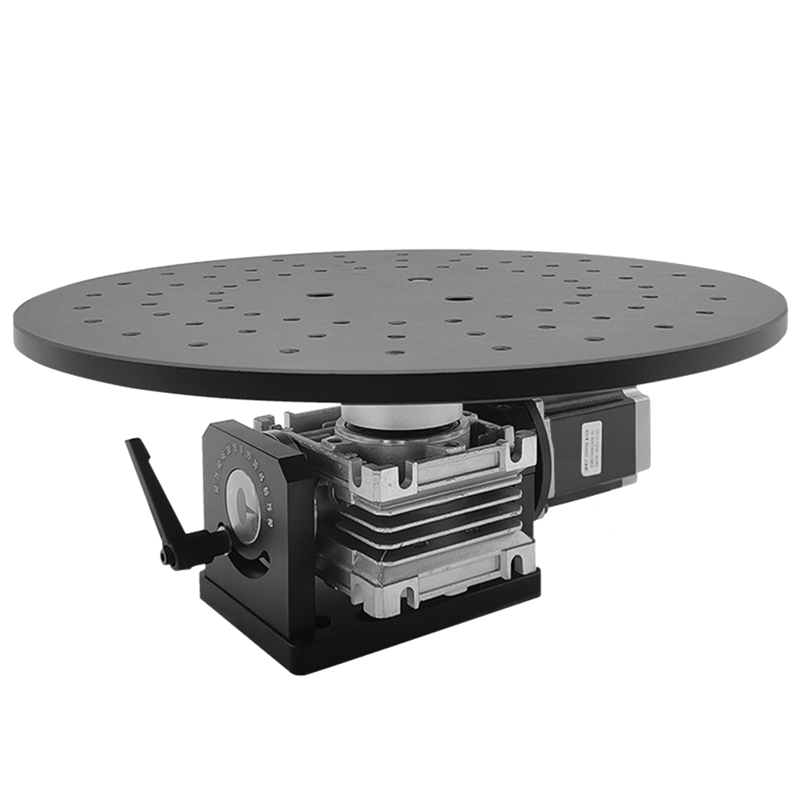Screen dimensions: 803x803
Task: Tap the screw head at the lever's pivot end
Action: [x=165, y=556]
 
